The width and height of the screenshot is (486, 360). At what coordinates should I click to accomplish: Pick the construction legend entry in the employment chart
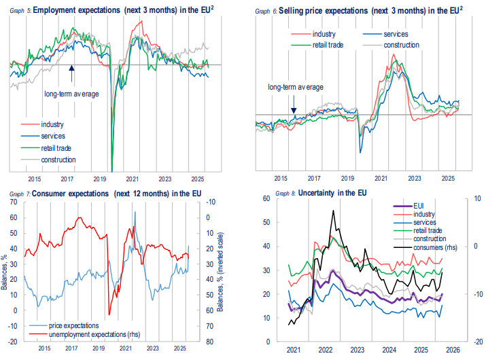tap(58, 160)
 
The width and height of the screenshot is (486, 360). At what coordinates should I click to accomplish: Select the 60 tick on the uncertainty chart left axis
tap(275, 198)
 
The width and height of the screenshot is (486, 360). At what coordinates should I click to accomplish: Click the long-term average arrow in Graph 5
tap(71, 69)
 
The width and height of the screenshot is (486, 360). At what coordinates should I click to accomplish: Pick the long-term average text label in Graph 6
tap(295, 87)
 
